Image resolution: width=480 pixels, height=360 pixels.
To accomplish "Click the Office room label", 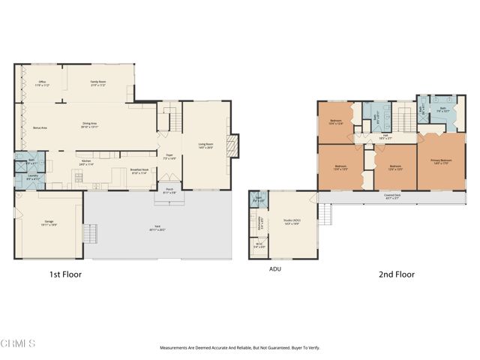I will [x=43, y=83].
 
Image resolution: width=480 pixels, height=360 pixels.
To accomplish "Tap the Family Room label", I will [x=98, y=83].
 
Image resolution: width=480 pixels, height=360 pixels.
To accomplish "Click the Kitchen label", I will [x=85, y=162].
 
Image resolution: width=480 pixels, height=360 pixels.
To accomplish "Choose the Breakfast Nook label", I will [x=139, y=172].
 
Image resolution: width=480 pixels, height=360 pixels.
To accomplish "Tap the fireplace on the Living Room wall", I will [x=233, y=144].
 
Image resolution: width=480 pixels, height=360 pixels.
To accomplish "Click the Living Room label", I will [x=206, y=146].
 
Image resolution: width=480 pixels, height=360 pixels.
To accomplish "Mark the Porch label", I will [x=169, y=191].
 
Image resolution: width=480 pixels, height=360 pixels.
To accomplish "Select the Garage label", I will [x=49, y=223].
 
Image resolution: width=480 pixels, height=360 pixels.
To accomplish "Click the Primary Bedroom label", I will [x=441, y=161].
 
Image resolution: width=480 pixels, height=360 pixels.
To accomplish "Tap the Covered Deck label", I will [x=391, y=196].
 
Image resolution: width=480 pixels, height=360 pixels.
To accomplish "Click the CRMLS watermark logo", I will [x=18, y=344].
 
